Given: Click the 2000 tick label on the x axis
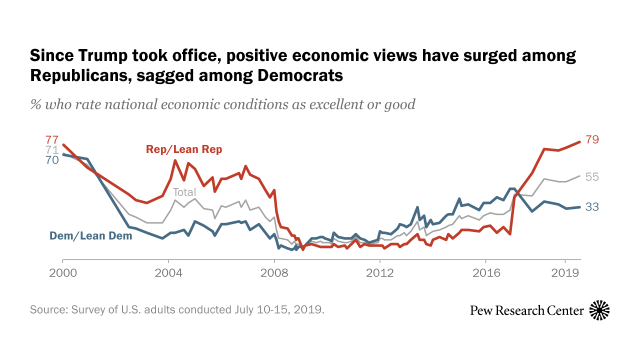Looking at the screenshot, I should [x=62, y=272].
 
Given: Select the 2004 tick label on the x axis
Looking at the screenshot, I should [x=168, y=272].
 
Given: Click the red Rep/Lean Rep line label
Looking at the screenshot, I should [x=184, y=149].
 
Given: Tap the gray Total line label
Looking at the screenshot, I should [x=183, y=192].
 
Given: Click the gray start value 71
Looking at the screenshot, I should [x=52, y=150].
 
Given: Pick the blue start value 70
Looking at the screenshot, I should [x=52, y=160].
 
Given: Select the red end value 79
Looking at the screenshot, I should [x=591, y=139].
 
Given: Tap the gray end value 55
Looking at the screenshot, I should [x=591, y=176].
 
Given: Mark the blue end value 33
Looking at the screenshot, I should [x=591, y=206].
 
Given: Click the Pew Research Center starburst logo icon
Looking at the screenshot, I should [x=600, y=311].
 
